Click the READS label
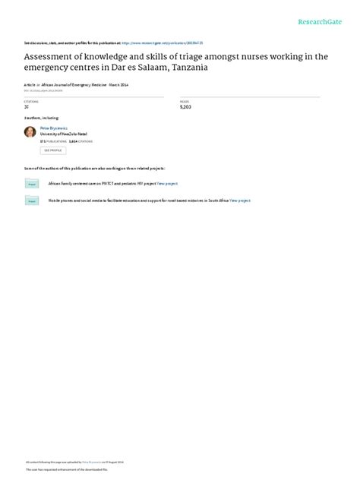click(x=184, y=100)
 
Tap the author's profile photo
click(x=30, y=131)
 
